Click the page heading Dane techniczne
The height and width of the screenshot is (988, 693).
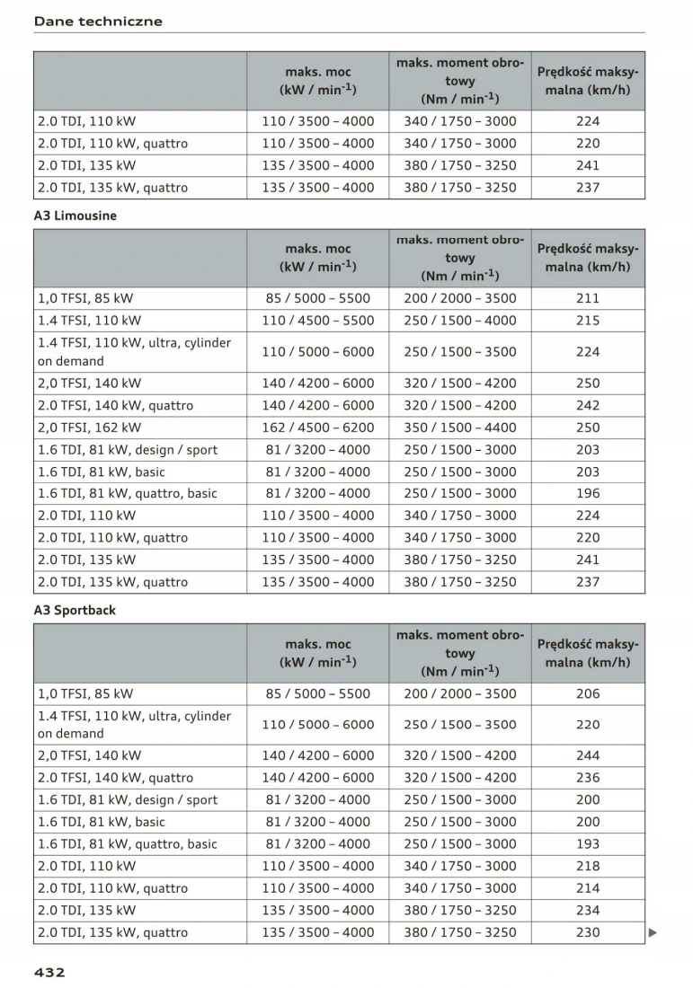[x=98, y=21]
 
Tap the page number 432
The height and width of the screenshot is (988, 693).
[x=49, y=971]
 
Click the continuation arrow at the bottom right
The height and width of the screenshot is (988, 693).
[x=653, y=932]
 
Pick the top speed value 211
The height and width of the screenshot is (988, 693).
[x=588, y=298]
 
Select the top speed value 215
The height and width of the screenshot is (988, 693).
[x=588, y=320]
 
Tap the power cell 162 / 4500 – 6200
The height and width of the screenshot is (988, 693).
[x=318, y=428]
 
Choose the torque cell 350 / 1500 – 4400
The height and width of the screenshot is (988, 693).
[x=460, y=428]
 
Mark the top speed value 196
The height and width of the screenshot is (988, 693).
[x=588, y=493]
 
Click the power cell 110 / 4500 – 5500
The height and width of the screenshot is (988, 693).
[x=318, y=320]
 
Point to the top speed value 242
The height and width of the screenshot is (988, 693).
[x=588, y=405]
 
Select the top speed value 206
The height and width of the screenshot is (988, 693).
[x=588, y=693]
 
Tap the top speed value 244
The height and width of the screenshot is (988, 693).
[x=588, y=755]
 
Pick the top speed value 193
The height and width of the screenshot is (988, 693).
[x=588, y=843]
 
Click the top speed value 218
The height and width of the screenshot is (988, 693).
[x=588, y=866]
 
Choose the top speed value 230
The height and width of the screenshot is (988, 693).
[x=588, y=932]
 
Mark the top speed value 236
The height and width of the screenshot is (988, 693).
[x=588, y=778]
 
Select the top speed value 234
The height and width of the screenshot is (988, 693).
[x=588, y=910]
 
